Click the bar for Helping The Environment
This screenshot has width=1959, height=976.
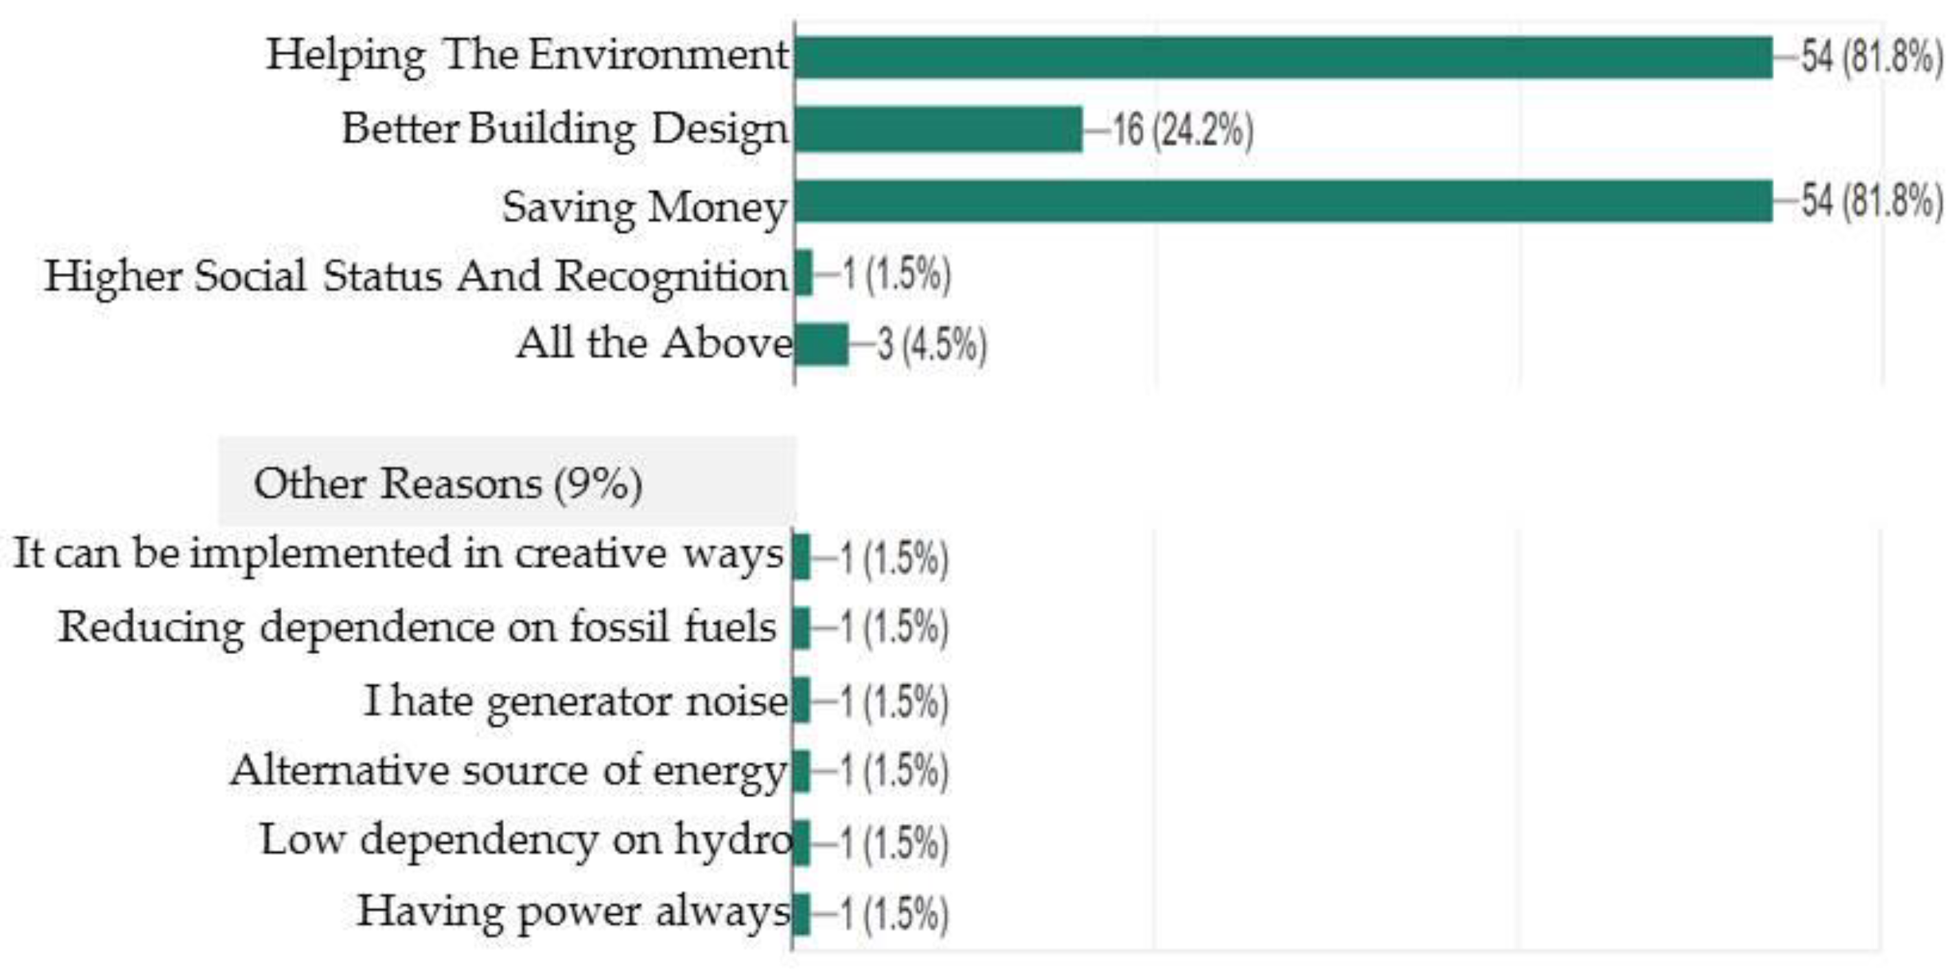click(1283, 57)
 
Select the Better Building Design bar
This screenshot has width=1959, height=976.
click(938, 129)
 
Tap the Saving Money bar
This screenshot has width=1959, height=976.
click(1283, 202)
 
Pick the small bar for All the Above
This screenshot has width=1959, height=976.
click(821, 345)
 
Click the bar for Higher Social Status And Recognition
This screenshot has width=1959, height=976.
click(804, 273)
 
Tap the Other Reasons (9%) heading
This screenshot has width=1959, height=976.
click(448, 484)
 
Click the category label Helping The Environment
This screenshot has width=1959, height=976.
click(528, 56)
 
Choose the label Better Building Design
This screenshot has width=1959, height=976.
click(565, 129)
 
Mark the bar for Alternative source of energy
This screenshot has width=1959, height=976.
click(801, 771)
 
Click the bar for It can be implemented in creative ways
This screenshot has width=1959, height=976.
click(801, 558)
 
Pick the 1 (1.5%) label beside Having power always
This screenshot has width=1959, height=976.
click(894, 913)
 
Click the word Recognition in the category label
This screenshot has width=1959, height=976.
click(672, 276)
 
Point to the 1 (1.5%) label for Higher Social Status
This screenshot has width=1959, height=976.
click(896, 274)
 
